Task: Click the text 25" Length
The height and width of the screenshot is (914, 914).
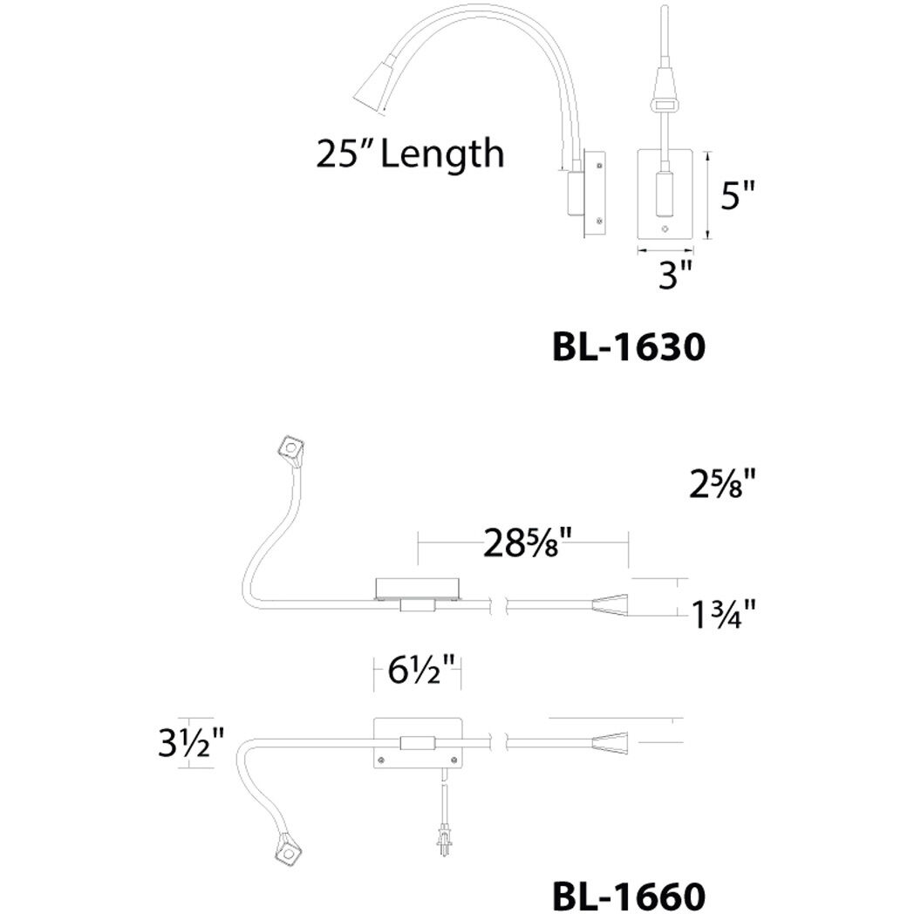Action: click(409, 155)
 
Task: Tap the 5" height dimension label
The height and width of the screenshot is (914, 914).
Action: click(737, 195)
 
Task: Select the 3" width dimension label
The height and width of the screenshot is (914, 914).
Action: click(675, 277)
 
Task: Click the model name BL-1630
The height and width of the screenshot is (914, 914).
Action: click(627, 348)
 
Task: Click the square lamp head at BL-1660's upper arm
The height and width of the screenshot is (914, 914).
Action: click(289, 448)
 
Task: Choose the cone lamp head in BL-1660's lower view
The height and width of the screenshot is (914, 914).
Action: click(610, 744)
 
